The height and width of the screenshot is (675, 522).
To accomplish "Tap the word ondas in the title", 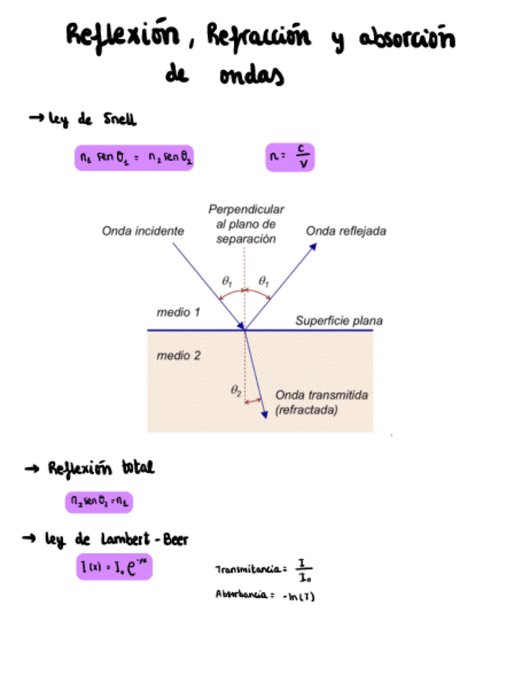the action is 250,77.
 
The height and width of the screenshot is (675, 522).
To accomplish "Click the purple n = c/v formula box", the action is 290,158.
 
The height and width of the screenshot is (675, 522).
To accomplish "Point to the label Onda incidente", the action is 143,231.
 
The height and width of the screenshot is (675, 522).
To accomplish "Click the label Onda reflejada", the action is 346,231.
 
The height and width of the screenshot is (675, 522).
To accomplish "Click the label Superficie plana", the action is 339,321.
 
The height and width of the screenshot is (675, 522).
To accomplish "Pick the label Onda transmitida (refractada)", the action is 315,402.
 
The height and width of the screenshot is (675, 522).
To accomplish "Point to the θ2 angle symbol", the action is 236,390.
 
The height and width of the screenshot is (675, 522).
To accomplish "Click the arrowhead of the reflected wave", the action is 314,247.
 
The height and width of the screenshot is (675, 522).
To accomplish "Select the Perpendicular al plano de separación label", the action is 246,224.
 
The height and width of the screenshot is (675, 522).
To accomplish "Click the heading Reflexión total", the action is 102,469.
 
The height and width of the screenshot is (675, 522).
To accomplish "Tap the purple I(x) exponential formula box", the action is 114,568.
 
